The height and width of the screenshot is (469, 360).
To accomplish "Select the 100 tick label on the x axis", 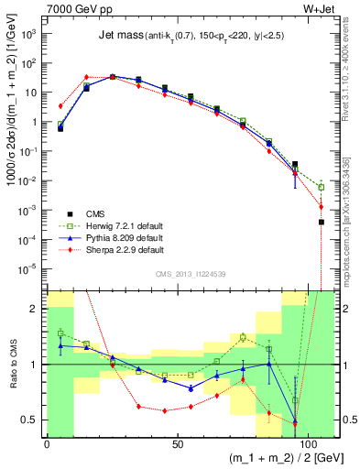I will point(305,442).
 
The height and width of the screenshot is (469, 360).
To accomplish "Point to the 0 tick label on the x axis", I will point(47,442).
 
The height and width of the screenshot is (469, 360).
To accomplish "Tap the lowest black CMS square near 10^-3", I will point(321,222).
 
